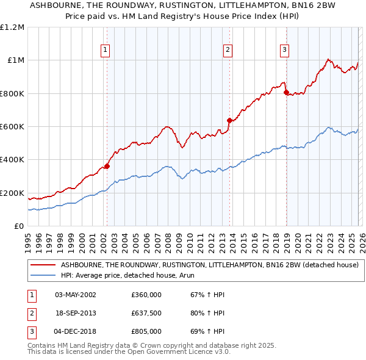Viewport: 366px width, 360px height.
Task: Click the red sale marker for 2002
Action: click(107, 166)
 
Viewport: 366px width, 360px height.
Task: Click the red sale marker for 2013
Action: click(229, 120)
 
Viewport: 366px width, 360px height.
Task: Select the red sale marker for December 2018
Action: click(286, 93)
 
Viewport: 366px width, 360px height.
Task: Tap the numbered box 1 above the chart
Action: click(106, 50)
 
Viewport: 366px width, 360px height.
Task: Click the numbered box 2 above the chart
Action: click(228, 50)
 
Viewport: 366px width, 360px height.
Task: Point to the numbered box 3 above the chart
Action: click(284, 50)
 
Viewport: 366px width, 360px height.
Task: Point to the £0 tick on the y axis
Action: click(19, 226)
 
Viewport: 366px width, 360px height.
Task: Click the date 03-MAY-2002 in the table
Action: click(75, 295)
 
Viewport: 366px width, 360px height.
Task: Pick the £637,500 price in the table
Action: click(146, 313)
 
